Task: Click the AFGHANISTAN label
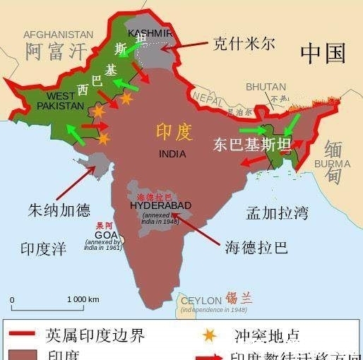point(58,34)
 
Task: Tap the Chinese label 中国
point(323,52)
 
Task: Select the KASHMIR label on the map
point(150,33)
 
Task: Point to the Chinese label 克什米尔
point(244,44)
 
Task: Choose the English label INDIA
point(172,153)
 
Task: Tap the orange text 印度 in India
point(174,132)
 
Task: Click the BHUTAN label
point(266,87)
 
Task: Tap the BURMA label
point(331,164)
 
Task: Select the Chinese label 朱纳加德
point(59,210)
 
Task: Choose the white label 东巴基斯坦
point(252,145)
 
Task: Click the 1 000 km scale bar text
point(83,299)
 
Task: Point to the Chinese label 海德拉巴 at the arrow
point(256,247)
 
